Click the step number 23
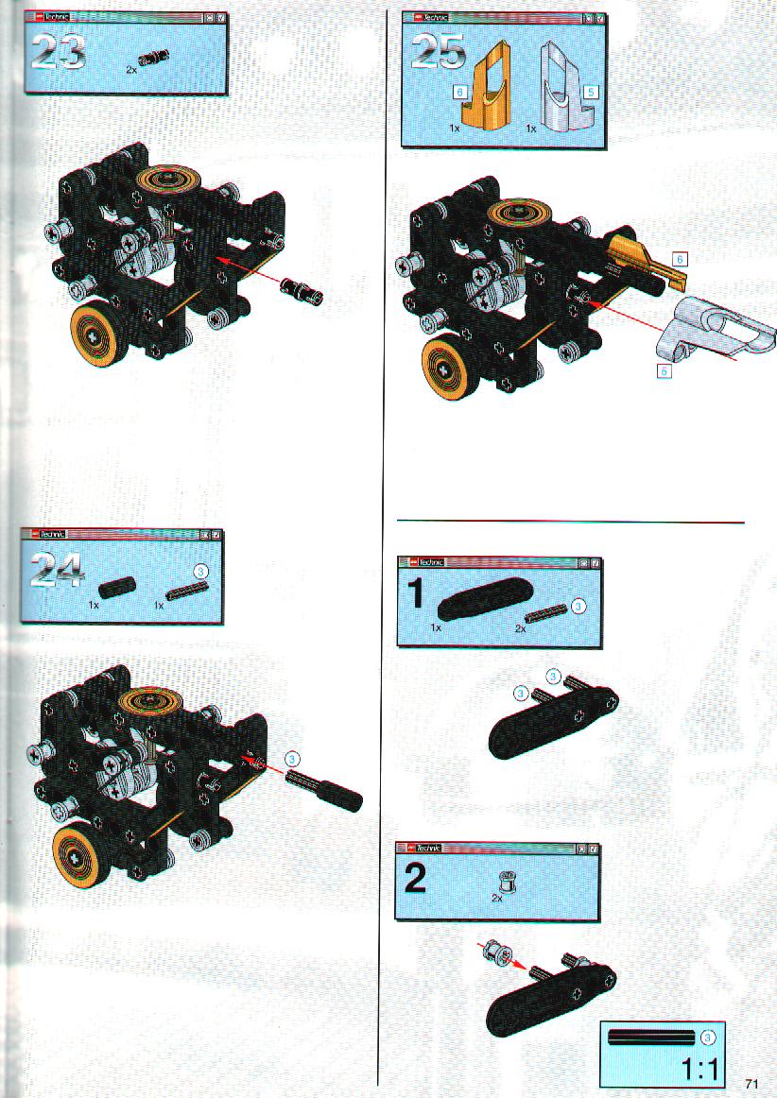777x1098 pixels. point(59,53)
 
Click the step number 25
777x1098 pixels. point(438,52)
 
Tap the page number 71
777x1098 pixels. point(751,1083)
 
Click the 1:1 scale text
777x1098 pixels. point(699,1070)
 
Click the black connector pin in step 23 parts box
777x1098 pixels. point(154,60)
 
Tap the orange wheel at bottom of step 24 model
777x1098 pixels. point(82,855)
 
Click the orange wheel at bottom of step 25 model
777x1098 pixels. point(451,366)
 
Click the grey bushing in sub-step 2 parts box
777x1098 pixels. point(505,883)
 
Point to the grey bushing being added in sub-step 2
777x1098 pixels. point(499,952)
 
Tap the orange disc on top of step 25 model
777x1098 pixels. point(521,214)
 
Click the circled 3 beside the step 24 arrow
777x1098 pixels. point(292,759)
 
